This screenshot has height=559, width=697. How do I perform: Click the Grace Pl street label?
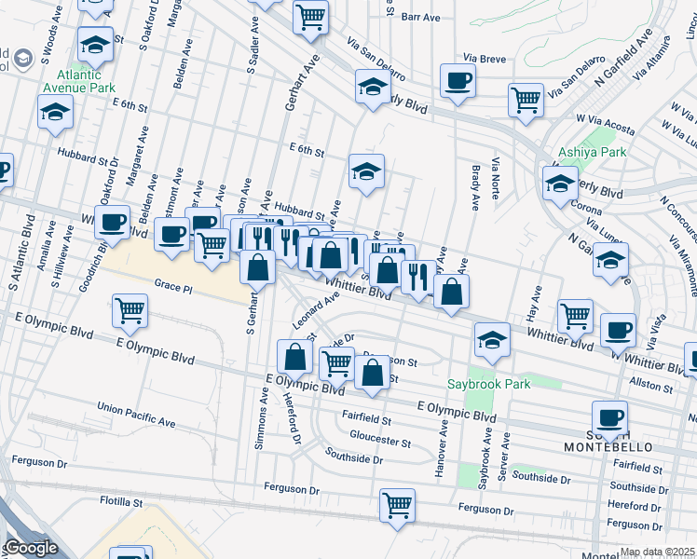coord(172,289)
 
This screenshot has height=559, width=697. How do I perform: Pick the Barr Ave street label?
coord(420,17)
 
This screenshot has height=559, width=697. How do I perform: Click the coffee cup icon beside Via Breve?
coord(458,80)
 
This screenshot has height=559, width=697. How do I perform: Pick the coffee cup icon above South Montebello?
coord(610,416)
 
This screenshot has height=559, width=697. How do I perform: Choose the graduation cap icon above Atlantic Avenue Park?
coord(95,43)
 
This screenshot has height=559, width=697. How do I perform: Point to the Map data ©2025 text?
coord(656,552)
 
